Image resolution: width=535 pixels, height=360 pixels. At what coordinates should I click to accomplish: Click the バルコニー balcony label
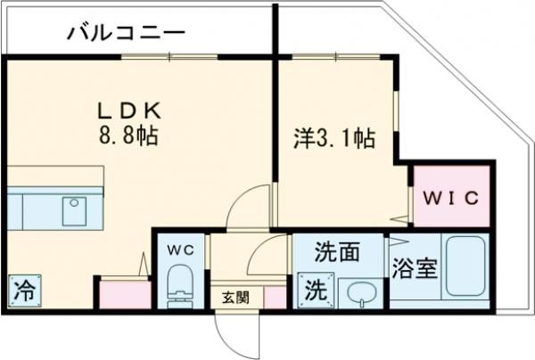(x=126, y=35)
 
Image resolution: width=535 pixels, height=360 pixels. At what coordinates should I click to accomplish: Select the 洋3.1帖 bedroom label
(x=334, y=139)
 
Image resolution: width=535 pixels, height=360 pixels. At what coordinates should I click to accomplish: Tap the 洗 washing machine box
(x=314, y=290)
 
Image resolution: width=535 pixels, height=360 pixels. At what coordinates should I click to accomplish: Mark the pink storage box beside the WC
(x=123, y=294)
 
